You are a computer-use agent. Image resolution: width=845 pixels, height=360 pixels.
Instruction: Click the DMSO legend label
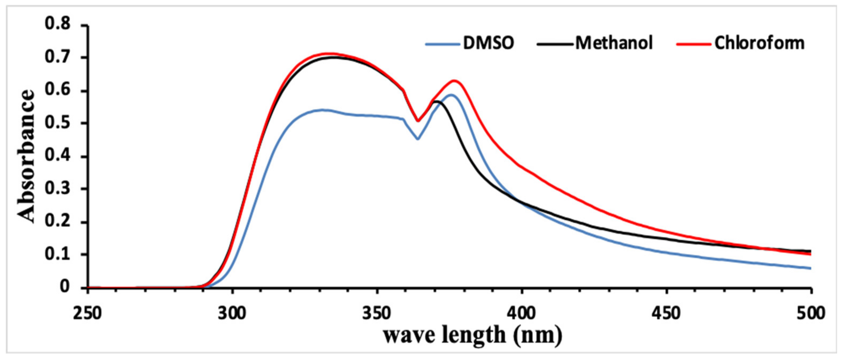pyautogui.click(x=488, y=43)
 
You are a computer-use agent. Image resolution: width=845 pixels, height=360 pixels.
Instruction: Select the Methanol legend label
pyautogui.click(x=614, y=43)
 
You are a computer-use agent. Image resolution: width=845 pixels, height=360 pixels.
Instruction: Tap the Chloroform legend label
pyautogui.click(x=759, y=43)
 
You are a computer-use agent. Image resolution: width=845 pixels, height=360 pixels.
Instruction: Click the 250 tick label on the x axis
pyautogui.click(x=87, y=313)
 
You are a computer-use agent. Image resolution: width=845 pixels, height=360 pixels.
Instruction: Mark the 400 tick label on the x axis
pyautogui.click(x=522, y=313)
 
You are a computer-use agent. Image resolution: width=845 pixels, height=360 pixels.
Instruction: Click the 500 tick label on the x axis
pyautogui.click(x=810, y=313)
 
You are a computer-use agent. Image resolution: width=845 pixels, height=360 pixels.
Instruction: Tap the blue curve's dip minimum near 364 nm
pyautogui.click(x=418, y=139)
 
